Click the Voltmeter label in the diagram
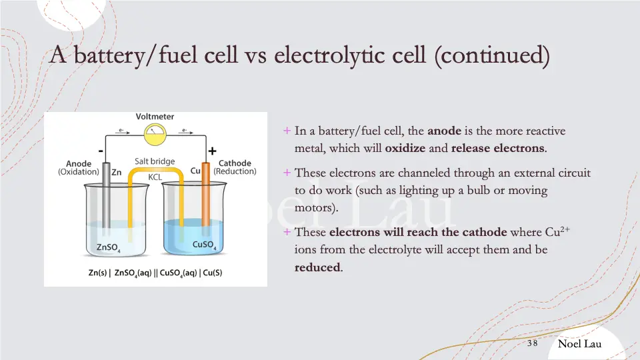coord(155,117)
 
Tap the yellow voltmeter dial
coord(155,135)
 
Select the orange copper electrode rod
coord(206,200)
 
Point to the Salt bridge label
coord(154,161)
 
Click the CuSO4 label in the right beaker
coord(204,245)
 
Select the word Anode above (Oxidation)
coord(79,163)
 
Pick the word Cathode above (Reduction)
coord(235,163)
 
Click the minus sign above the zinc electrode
coord(101,151)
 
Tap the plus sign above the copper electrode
coord(212,151)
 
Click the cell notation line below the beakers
coord(155,273)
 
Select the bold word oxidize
coord(406,147)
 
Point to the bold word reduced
coord(317,268)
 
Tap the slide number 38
coord(532,343)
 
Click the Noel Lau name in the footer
coord(579,343)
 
